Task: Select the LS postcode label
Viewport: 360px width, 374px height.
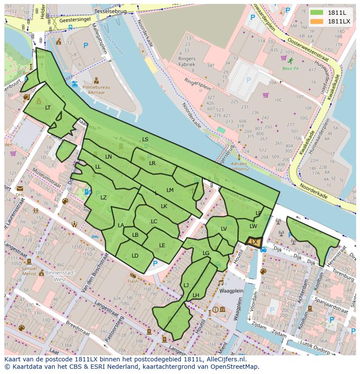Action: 145,139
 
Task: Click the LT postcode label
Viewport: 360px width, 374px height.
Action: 48,108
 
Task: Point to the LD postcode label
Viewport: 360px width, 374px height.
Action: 135,256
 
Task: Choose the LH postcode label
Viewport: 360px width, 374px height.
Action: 196,295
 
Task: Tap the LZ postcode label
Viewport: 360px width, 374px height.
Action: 103,198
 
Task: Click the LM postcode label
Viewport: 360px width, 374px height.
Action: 170,190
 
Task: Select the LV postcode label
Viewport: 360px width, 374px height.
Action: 224,229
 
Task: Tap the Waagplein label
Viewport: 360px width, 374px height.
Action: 230,291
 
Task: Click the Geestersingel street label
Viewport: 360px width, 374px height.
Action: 74,20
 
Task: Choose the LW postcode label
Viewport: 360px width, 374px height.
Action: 253,226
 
